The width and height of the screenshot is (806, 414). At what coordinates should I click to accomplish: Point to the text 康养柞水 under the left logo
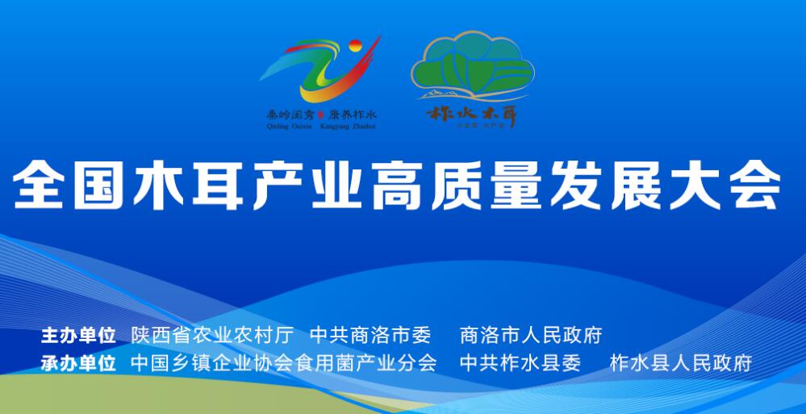tap(353, 115)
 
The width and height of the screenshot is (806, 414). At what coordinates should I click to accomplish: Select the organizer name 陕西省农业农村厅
tap(211, 335)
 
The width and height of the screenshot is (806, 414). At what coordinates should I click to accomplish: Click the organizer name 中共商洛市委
tap(370, 335)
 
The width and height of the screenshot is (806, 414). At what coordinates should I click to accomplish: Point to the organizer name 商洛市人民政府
tap(530, 335)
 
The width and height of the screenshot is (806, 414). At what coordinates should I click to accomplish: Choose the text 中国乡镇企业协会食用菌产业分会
tap(283, 362)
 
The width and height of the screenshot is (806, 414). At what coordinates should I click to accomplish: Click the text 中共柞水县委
tap(520, 362)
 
